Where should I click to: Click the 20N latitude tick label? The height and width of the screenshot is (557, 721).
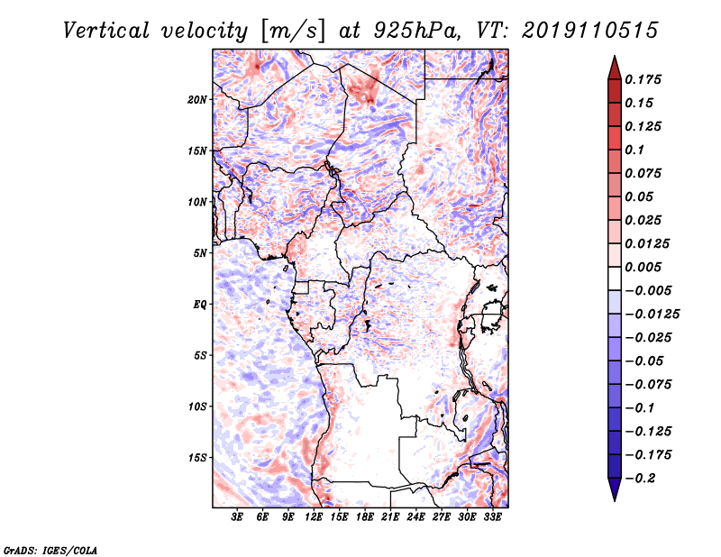197,100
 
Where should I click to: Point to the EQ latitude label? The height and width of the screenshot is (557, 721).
200,305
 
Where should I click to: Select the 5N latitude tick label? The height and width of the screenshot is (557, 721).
200,253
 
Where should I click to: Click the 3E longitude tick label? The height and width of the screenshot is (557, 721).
237,517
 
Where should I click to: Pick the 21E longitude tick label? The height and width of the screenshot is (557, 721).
390,517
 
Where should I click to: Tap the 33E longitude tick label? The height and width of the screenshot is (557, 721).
492,517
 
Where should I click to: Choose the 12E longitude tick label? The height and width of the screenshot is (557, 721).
314,517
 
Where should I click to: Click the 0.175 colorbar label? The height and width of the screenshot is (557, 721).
643,79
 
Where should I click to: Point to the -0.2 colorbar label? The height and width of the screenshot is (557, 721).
640,479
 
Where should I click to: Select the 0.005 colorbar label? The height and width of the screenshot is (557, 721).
643,267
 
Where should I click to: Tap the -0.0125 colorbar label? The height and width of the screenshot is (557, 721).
652,315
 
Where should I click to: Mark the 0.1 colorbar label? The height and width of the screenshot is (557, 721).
634,150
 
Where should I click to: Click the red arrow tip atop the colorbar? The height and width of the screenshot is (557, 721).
615,56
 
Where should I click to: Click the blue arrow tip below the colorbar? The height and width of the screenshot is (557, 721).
615,501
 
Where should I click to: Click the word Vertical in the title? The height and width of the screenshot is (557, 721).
106,31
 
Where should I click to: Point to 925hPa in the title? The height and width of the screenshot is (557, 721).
416,31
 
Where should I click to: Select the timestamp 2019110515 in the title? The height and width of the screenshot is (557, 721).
590,31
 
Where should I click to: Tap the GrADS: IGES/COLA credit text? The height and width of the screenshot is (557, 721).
50,551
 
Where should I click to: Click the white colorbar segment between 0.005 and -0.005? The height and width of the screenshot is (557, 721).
615,278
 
